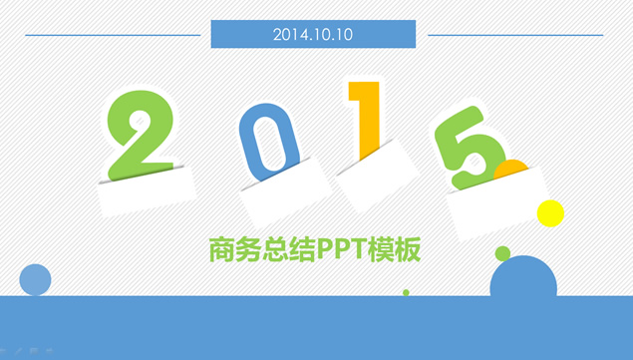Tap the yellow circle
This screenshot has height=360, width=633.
point(550,212)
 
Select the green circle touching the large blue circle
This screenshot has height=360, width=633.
point(502,253)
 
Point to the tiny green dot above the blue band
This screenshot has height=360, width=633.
point(406,292)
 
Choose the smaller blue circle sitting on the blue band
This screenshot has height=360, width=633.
point(35,279)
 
